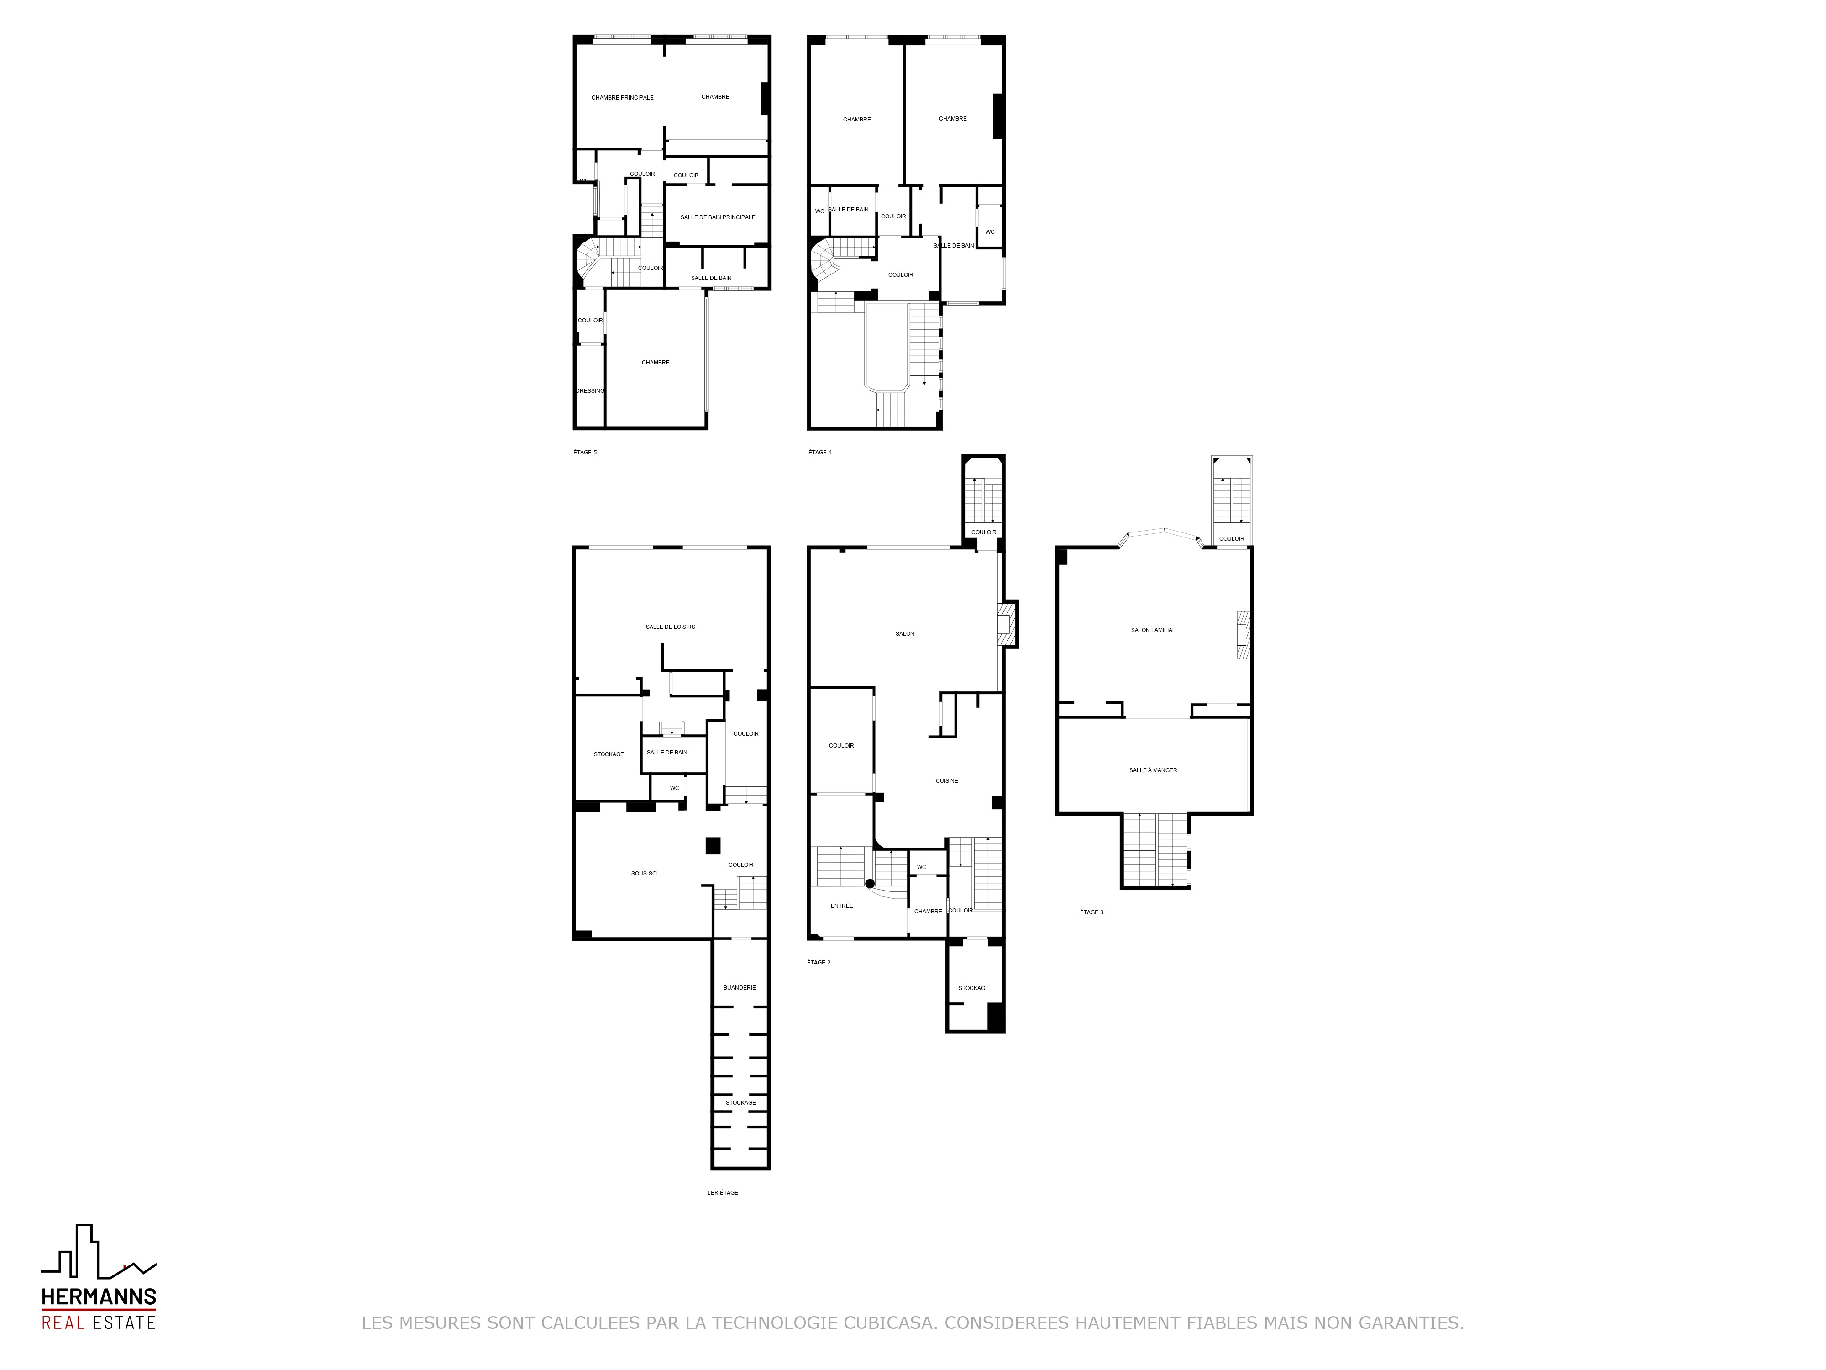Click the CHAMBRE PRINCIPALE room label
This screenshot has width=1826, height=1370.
(622, 97)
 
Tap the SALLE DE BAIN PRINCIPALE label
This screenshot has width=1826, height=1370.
(717, 217)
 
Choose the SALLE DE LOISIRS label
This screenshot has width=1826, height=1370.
(670, 627)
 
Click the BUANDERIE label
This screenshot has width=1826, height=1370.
(739, 988)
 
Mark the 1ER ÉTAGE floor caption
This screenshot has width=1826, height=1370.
(722, 1192)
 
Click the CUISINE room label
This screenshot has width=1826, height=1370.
(947, 780)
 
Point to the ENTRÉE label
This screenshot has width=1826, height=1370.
(842, 906)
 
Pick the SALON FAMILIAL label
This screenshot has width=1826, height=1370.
(1153, 630)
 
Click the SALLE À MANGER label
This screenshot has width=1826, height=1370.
(1153, 770)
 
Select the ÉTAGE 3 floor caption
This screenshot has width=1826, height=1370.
(1091, 912)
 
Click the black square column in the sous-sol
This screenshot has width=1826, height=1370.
(713, 846)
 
